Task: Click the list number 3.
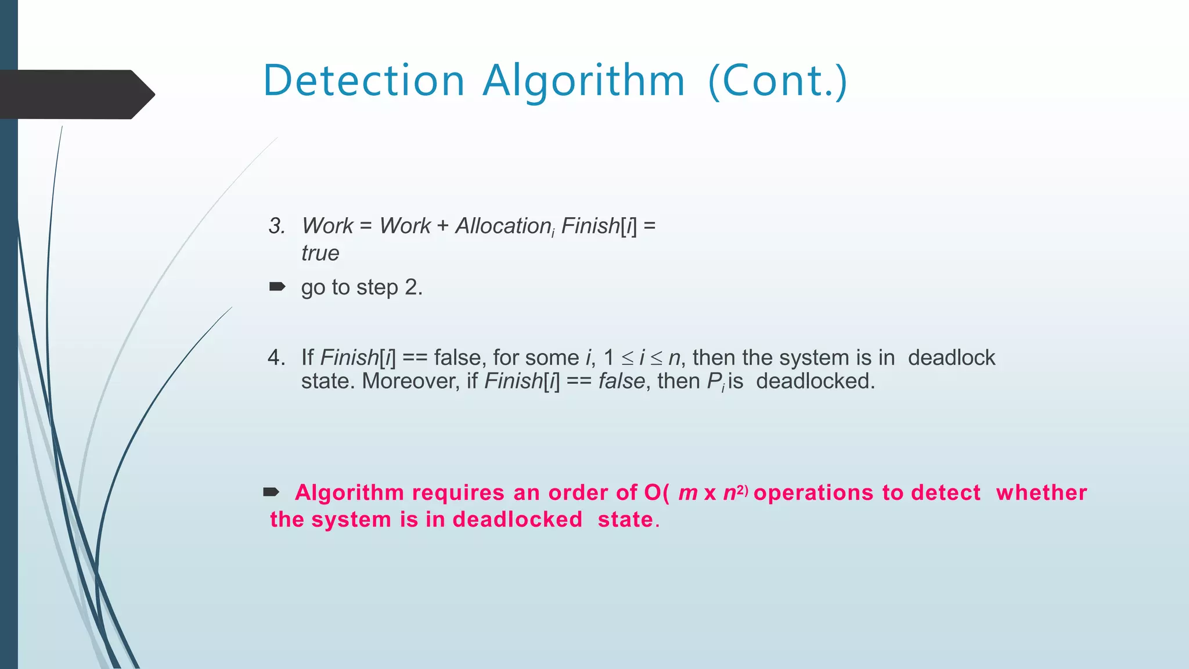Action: click(x=276, y=226)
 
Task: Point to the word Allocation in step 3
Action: click(x=503, y=226)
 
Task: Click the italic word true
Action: click(x=320, y=253)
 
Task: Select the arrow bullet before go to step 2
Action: click(x=277, y=286)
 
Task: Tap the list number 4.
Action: click(x=276, y=358)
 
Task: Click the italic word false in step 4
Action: click(x=621, y=382)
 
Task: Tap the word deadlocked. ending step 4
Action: click(x=815, y=382)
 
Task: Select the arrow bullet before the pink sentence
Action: click(x=271, y=492)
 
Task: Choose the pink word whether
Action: click(x=1041, y=492)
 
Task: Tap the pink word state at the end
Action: click(x=626, y=519)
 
